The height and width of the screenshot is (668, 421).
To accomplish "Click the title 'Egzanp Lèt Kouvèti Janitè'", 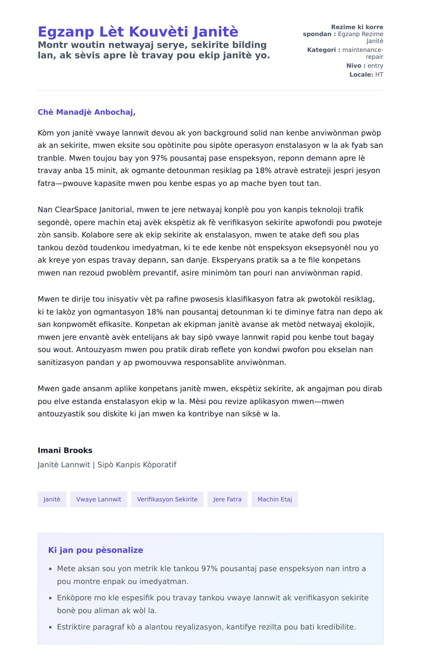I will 138,32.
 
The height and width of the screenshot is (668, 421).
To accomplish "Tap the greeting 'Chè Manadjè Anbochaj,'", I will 86,112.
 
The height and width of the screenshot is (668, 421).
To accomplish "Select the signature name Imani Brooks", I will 65,450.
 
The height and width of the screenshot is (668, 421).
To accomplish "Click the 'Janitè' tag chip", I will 52,499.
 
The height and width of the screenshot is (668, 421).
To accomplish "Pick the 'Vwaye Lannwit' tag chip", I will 99,499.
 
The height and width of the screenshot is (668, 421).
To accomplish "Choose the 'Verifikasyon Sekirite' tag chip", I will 167,499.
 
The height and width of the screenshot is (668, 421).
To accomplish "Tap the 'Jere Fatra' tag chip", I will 227,499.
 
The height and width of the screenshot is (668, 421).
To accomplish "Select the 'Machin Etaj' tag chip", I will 275,499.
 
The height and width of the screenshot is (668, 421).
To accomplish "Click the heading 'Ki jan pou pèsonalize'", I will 95,550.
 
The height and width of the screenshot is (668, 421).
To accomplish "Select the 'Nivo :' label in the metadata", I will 356,66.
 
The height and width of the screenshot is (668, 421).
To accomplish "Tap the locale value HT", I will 379,75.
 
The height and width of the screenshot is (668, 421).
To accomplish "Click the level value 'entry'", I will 375,66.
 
